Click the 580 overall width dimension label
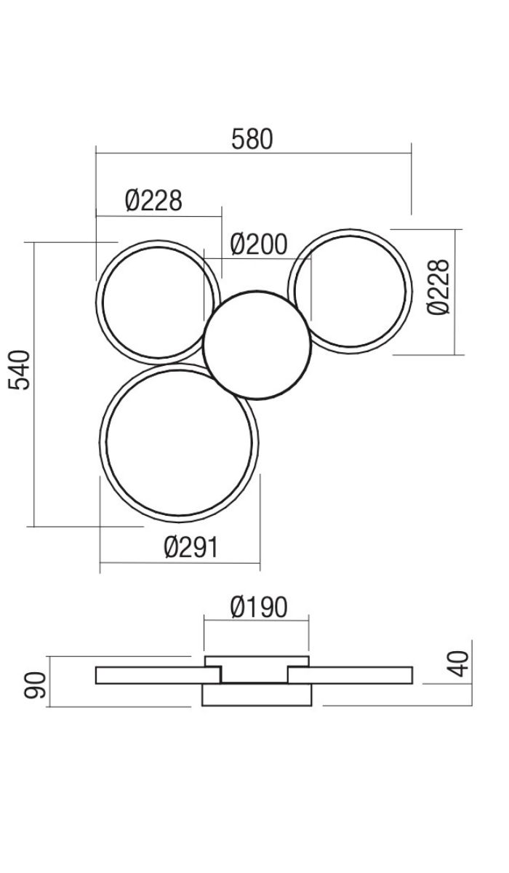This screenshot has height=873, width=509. [x=252, y=139]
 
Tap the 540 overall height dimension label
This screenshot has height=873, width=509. [x=19, y=370]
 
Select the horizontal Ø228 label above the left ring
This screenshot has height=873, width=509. [x=154, y=200]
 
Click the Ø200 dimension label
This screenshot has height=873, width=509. [x=259, y=244]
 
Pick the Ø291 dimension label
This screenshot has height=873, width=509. [x=191, y=547]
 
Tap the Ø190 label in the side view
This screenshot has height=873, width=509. [x=259, y=607]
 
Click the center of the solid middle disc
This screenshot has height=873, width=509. [x=257, y=345]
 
